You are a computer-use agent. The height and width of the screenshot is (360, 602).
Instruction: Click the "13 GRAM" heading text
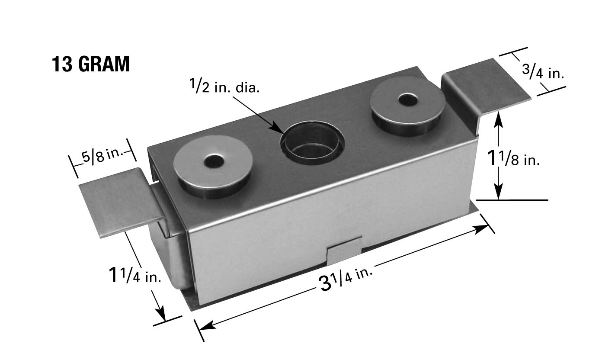[x=90, y=64]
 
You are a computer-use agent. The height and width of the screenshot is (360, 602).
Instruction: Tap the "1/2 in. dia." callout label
[x=225, y=86]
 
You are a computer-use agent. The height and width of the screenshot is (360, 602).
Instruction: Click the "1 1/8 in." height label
[x=513, y=158]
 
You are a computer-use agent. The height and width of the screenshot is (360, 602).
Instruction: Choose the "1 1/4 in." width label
[x=134, y=274]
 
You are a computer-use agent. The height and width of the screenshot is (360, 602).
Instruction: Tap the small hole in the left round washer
[x=214, y=161]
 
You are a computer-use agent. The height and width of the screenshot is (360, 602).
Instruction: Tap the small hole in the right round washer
[x=408, y=100]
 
